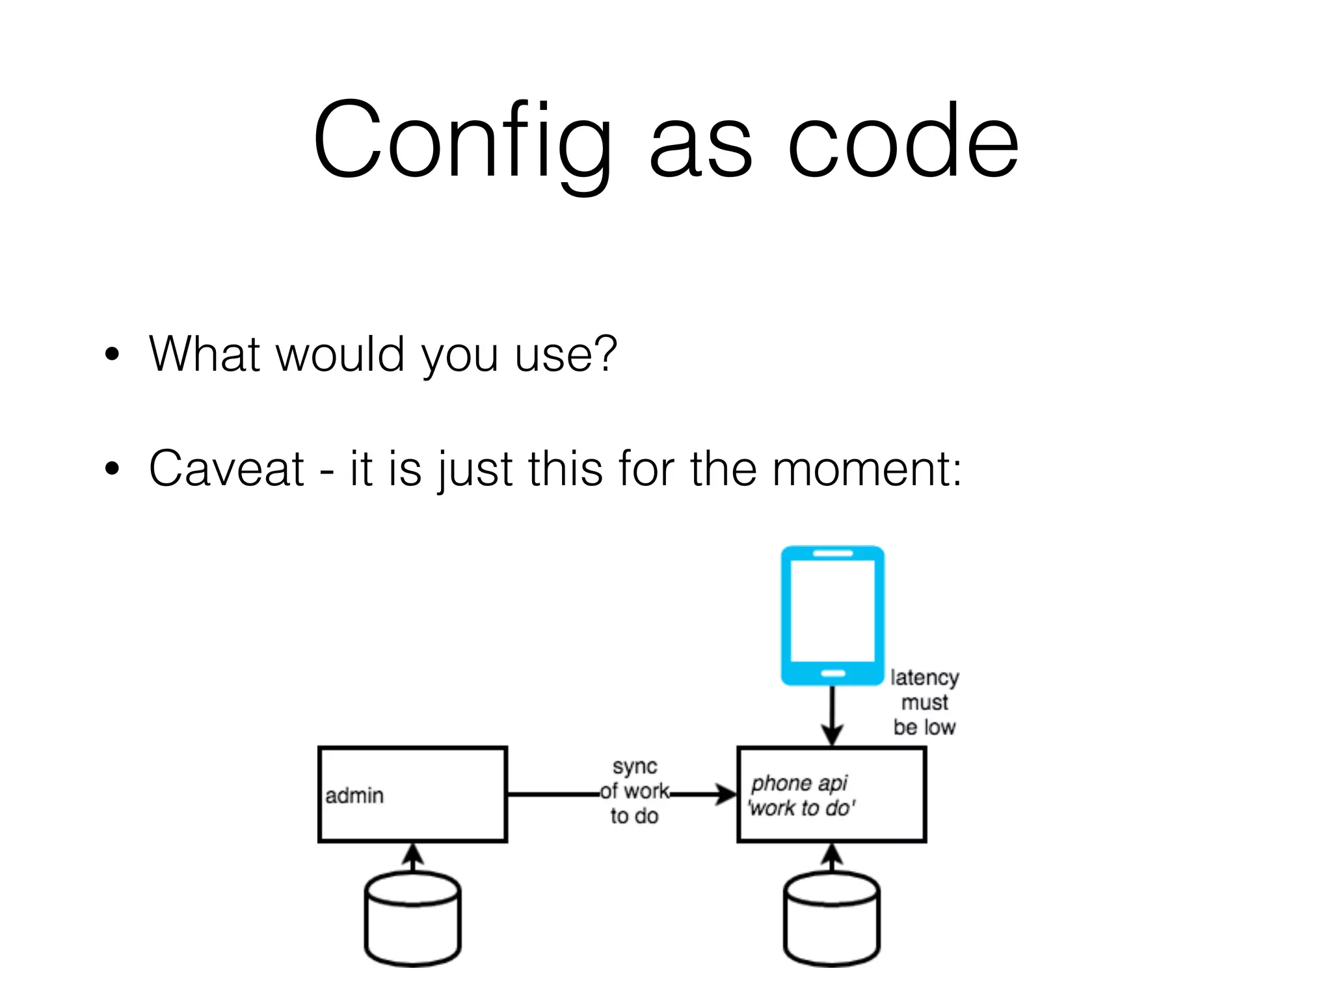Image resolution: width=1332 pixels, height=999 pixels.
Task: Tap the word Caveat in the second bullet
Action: click(x=226, y=468)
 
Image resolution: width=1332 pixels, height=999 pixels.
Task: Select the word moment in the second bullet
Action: click(x=859, y=468)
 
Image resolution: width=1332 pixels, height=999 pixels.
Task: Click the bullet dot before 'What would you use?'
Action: click(x=113, y=354)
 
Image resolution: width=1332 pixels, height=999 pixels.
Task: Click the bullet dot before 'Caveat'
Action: click(x=113, y=468)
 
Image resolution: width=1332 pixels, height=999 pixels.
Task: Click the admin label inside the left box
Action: click(x=354, y=795)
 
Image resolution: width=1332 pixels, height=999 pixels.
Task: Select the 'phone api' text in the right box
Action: click(x=799, y=783)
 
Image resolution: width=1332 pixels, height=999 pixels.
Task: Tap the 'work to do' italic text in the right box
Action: click(x=801, y=808)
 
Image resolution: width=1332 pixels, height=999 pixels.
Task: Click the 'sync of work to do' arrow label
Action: click(x=634, y=791)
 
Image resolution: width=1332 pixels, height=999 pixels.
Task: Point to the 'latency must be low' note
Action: click(x=924, y=702)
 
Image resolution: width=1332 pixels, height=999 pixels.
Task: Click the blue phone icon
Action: click(x=832, y=615)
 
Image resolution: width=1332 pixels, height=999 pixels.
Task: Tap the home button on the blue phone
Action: click(x=833, y=673)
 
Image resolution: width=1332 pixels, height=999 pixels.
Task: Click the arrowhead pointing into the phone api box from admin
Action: click(x=725, y=794)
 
